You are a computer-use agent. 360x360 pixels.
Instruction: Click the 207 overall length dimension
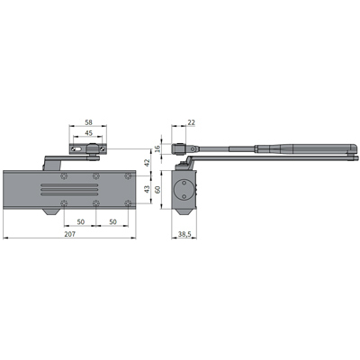click(70, 234)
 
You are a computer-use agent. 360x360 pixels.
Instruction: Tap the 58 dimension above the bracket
click(88, 122)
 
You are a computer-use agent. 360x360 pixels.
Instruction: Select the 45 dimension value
click(89, 133)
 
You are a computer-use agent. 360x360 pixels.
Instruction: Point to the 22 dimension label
click(191, 122)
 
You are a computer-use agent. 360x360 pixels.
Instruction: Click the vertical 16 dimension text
click(157, 148)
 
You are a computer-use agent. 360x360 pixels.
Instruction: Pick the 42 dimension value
click(147, 163)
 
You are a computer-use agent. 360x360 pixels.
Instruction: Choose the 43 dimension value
click(147, 190)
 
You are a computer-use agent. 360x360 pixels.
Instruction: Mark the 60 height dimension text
click(157, 190)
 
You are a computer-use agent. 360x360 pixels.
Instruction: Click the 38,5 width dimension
click(184, 234)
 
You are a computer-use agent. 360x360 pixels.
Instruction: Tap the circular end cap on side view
click(184, 190)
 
